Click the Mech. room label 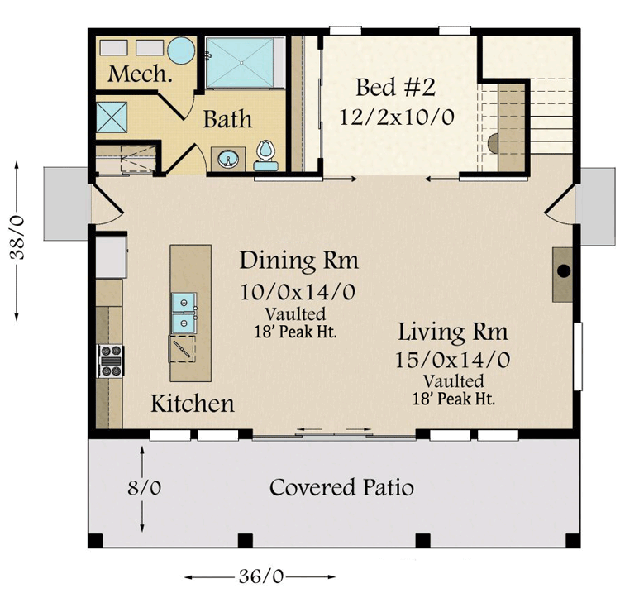(x=141, y=74)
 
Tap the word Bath (x=228, y=119)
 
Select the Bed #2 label (x=397, y=87)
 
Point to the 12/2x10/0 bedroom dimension (x=397, y=116)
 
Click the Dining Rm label (x=299, y=261)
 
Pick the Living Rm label (x=453, y=332)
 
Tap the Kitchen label (x=192, y=404)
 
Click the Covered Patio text (x=341, y=487)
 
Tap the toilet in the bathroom (x=265, y=151)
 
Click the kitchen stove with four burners (x=110, y=361)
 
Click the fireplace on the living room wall (x=564, y=272)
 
